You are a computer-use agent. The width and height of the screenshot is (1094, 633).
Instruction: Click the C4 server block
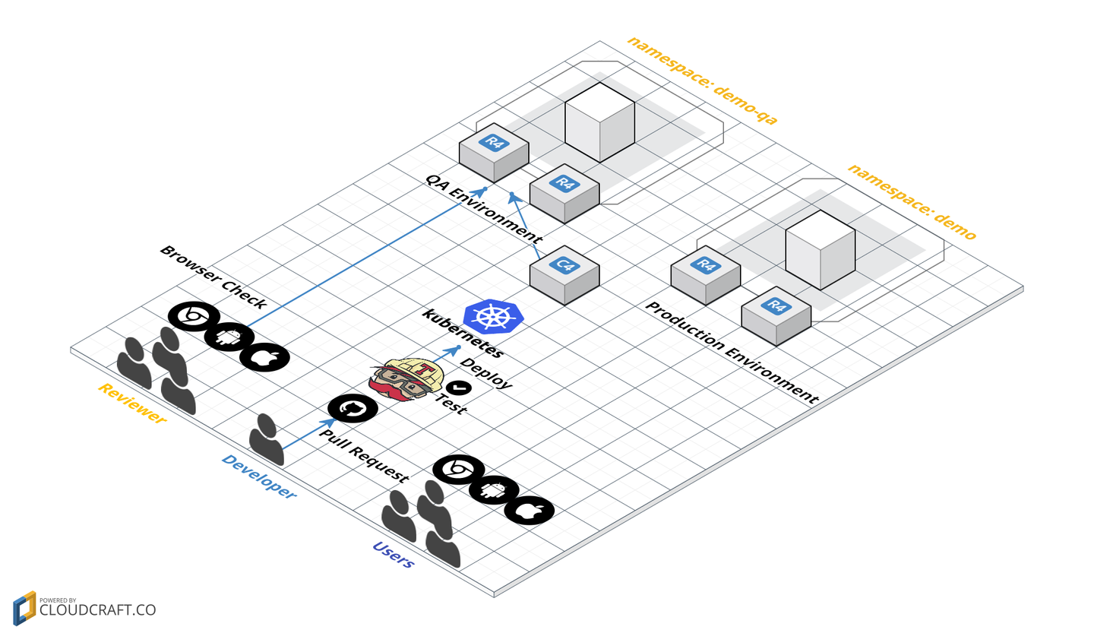click(564, 274)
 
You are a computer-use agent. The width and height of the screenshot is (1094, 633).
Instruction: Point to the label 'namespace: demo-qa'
click(703, 80)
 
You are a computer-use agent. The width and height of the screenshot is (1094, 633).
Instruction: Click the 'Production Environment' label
click(732, 352)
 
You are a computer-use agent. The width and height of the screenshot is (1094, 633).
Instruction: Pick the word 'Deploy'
click(486, 373)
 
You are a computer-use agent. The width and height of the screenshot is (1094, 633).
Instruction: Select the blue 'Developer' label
click(258, 476)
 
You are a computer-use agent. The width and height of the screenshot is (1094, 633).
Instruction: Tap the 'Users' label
click(393, 555)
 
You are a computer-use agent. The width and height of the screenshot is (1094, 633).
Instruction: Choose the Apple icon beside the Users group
click(529, 511)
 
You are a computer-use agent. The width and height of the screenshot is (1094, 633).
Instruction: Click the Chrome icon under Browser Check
click(193, 316)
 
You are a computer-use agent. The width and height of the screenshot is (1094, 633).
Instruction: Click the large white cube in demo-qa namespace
click(599, 122)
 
